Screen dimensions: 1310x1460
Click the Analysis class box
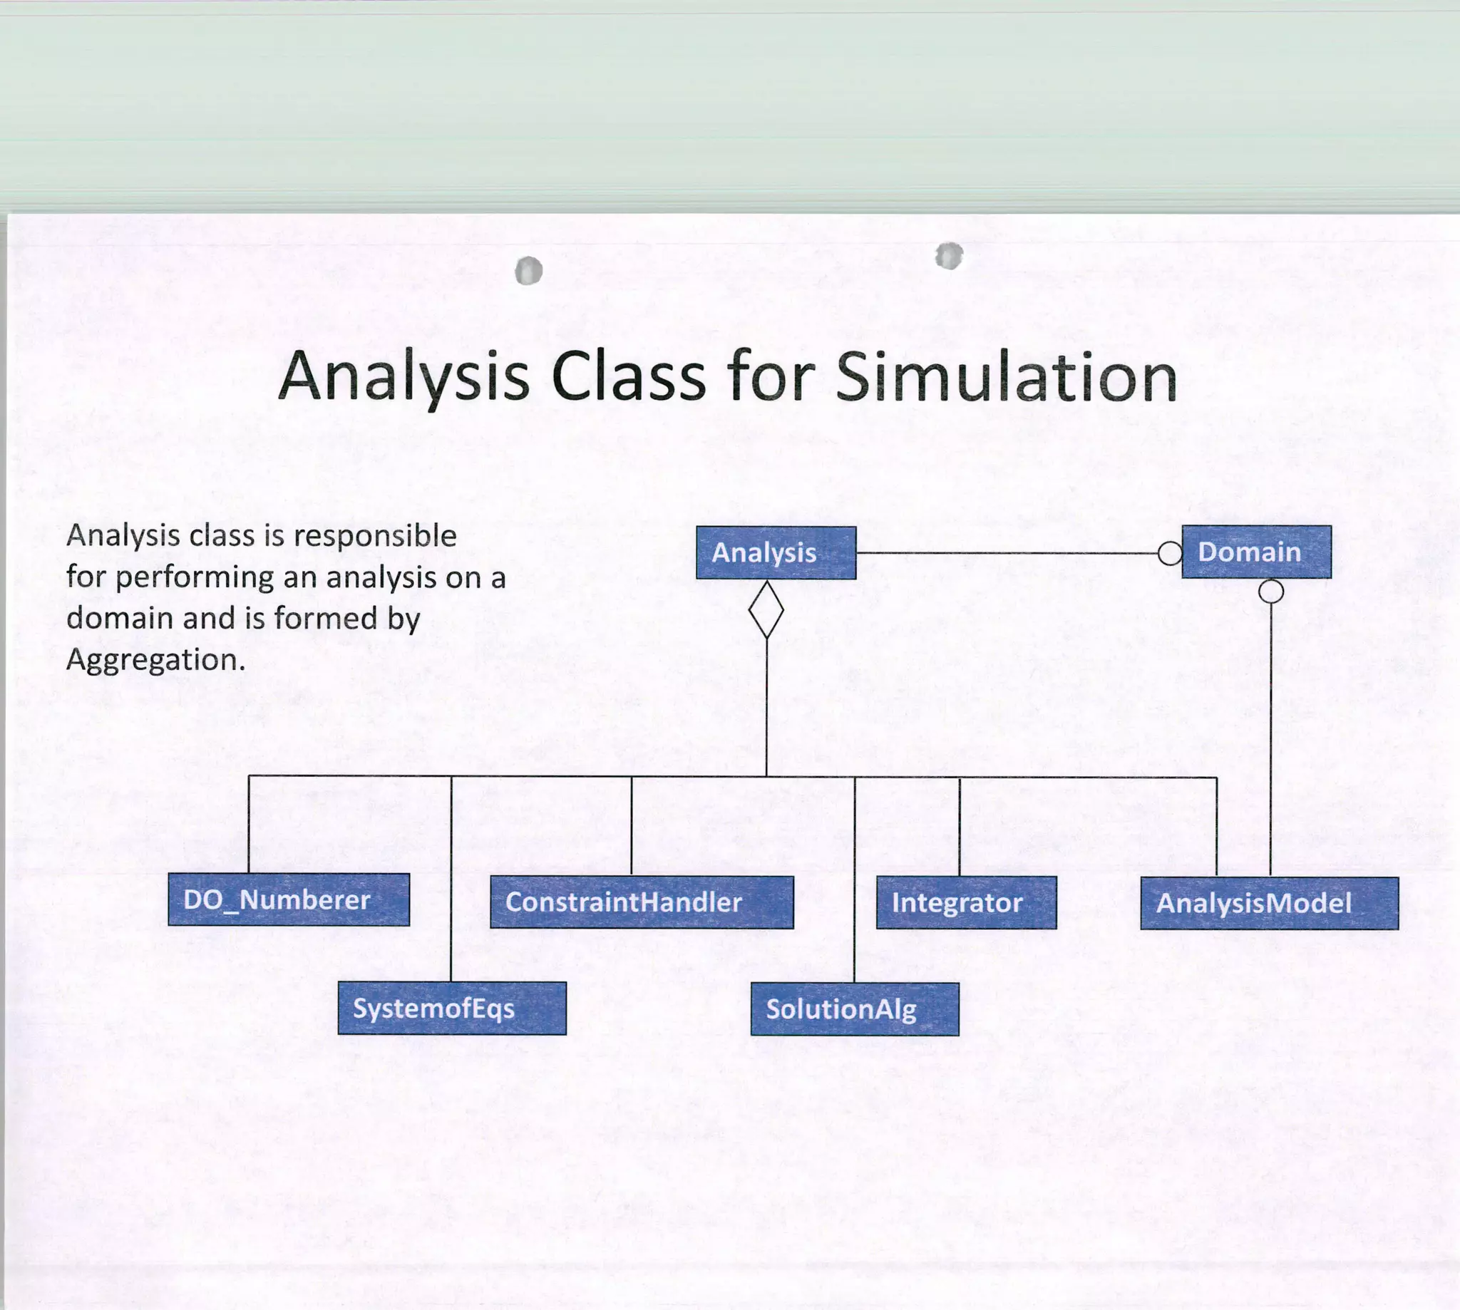[x=776, y=553]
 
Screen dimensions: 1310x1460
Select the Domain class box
[x=1256, y=552]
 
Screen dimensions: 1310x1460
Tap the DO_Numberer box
[x=289, y=899]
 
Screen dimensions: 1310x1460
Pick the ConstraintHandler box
[x=642, y=902]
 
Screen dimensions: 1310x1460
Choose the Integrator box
[x=966, y=902]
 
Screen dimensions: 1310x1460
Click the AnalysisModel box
[x=1269, y=903]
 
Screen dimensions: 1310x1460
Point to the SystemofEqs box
[x=452, y=1009]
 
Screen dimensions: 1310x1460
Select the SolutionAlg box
[x=855, y=1009]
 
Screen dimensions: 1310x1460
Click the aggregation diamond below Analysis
[x=766, y=609]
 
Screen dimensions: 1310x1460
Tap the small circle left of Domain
[x=1170, y=554]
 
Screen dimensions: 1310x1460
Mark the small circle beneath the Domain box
[x=1270, y=592]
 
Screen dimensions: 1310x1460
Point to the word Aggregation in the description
[x=155, y=660]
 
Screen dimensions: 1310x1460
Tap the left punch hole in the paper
[x=529, y=271]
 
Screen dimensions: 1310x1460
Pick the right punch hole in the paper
[x=949, y=256]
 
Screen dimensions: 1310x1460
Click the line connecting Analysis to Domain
[x=1008, y=554]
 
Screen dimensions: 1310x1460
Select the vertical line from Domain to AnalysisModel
[x=1270, y=734]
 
